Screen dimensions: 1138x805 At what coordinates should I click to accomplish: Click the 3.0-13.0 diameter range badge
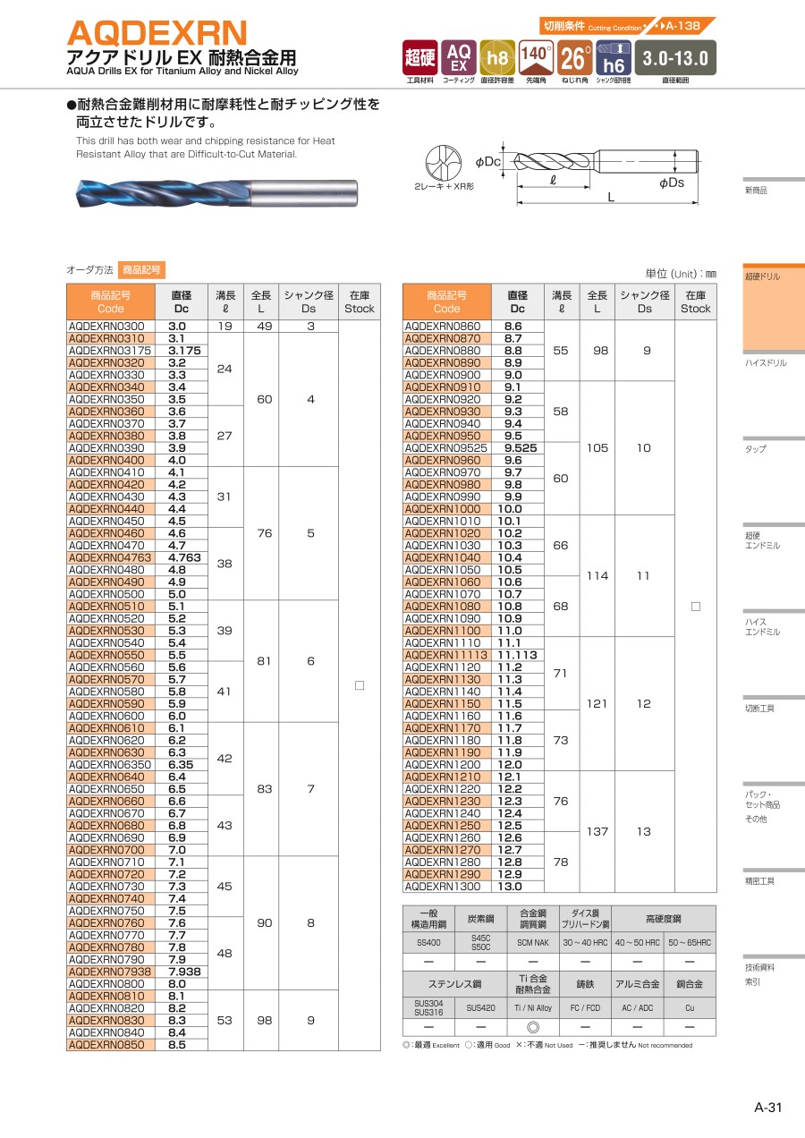coord(675,58)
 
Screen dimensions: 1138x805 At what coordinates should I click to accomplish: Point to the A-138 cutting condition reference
coord(681,26)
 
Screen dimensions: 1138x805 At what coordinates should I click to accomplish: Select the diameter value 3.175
coord(183,351)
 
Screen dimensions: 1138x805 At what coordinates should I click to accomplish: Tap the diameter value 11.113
coord(517,655)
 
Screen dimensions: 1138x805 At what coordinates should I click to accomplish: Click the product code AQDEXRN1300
coord(443,887)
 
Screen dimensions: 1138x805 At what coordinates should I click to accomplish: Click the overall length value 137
coord(597,831)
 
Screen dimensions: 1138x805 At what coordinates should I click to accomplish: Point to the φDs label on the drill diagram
coord(672,183)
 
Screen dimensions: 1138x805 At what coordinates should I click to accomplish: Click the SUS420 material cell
coord(479,1007)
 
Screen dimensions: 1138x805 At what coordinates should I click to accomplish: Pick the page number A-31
coord(768,1108)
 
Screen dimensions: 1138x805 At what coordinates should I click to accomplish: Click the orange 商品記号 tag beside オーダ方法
coord(141,269)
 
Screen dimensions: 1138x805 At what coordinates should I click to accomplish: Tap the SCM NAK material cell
coord(532,942)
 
